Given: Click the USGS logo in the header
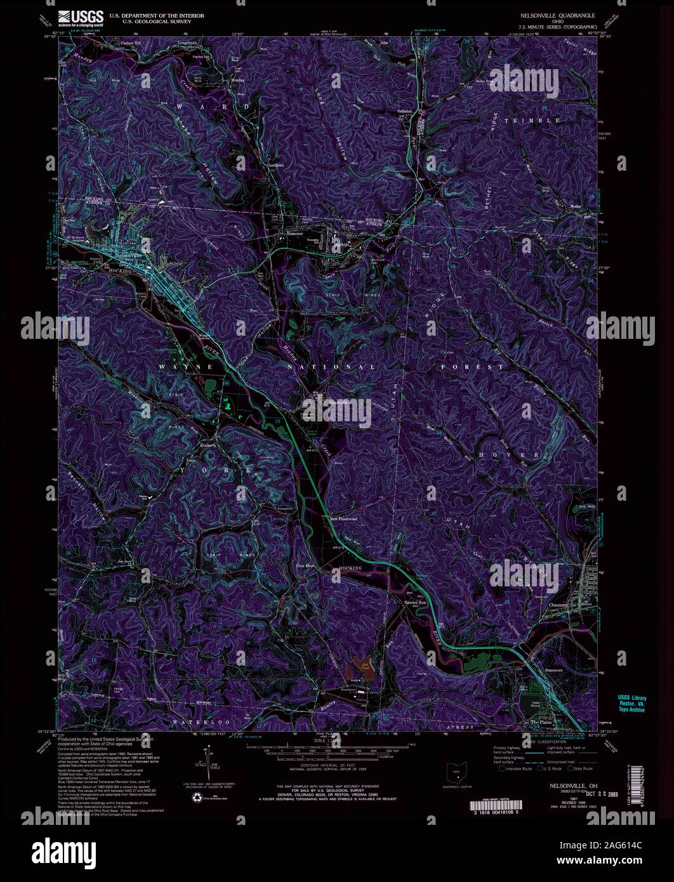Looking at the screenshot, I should point(81,17).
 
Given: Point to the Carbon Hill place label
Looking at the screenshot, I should point(132,44).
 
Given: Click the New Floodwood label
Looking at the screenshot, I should point(343,518).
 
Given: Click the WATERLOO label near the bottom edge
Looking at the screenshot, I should point(190,723).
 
